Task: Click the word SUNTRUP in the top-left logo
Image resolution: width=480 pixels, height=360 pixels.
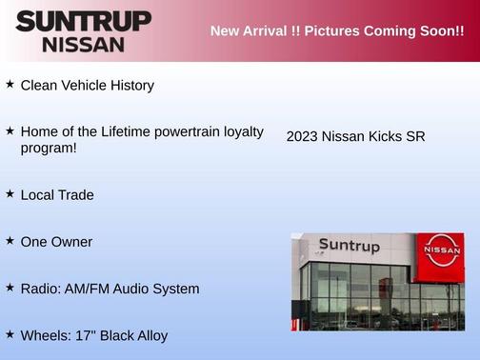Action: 84,21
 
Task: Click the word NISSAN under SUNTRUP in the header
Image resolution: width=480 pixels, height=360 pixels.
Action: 84,44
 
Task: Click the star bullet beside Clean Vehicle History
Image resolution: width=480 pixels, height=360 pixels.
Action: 10,84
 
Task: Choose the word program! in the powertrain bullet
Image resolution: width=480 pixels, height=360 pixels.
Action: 49,148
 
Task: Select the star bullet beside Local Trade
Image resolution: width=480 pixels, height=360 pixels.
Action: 10,193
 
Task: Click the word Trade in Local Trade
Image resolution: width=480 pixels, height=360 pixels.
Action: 75,195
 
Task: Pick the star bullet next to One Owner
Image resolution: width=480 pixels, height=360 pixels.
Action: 10,241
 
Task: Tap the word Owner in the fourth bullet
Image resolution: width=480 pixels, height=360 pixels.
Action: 72,242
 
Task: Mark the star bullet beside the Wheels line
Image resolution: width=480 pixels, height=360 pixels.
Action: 10,334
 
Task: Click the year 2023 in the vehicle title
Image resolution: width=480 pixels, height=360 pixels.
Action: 302,137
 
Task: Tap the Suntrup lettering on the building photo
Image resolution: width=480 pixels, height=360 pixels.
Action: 349,247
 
